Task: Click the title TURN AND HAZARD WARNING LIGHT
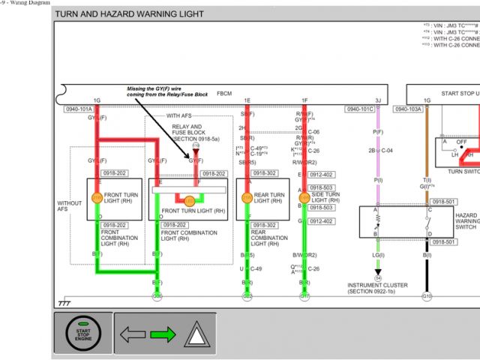pyautogui.click(x=130, y=13)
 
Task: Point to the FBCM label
pyautogui.click(x=224, y=93)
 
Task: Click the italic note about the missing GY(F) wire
pyautogui.click(x=166, y=91)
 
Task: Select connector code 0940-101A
pyautogui.click(x=79, y=109)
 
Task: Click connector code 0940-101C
pyautogui.click(x=359, y=109)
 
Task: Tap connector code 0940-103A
pyautogui.click(x=408, y=109)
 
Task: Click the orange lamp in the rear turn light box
pyautogui.click(x=247, y=198)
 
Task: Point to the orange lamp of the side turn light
pyautogui.click(x=304, y=198)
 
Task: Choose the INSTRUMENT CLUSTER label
pyautogui.click(x=377, y=285)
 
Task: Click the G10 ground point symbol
pyautogui.click(x=427, y=296)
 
